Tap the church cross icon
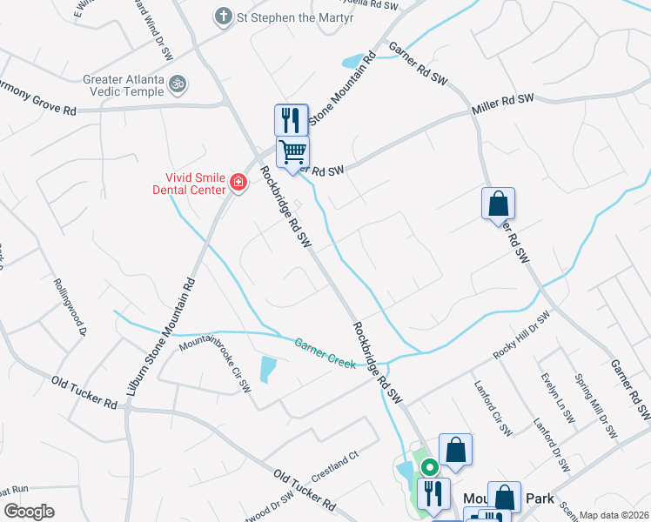pyautogui.click(x=224, y=17)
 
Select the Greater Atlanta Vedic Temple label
pyautogui.click(x=124, y=85)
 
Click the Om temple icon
pyautogui.click(x=178, y=84)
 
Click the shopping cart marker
pyautogui.click(x=292, y=151)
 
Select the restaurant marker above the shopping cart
pyautogui.click(x=291, y=119)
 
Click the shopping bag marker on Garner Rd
pyautogui.click(x=498, y=204)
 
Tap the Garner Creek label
pyautogui.click(x=325, y=353)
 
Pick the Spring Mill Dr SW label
pyautogui.click(x=595, y=405)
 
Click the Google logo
pyautogui.click(x=29, y=512)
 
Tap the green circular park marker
pyautogui.click(x=429, y=466)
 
